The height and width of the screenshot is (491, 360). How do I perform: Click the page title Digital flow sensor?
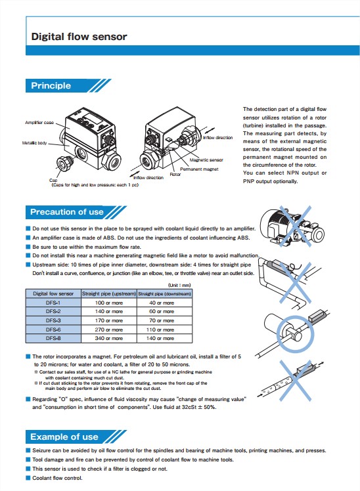click(x=79, y=36)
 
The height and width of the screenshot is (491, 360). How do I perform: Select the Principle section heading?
click(x=51, y=86)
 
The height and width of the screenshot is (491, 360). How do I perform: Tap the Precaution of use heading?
click(x=67, y=211)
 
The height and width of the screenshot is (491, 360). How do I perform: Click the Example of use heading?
click(x=64, y=437)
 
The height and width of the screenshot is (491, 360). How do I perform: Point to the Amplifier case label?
click(x=39, y=123)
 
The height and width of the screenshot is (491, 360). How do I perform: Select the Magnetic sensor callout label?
click(x=206, y=160)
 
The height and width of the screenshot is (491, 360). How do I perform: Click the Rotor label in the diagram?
click(x=175, y=175)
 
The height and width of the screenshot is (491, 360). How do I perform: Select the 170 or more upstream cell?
click(x=108, y=320)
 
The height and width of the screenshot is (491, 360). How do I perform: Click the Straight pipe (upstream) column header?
click(x=108, y=293)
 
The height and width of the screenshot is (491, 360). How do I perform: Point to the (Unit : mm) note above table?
click(x=180, y=286)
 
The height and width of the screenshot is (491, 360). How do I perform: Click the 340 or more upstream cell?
click(x=108, y=338)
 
